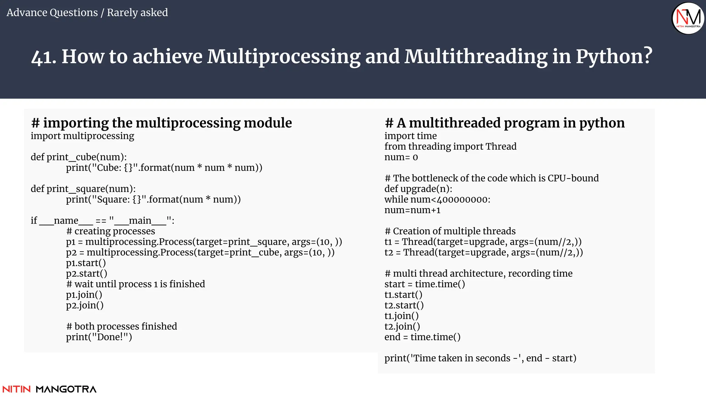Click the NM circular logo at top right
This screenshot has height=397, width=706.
click(x=688, y=18)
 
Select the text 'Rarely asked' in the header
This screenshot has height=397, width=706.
click(x=137, y=12)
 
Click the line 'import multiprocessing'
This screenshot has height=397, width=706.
click(x=82, y=136)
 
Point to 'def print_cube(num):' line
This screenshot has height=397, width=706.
click(x=79, y=157)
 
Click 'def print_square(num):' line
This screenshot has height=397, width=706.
click(x=83, y=189)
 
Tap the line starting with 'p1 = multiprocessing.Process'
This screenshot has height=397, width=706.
click(x=204, y=242)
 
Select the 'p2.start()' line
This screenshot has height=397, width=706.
click(x=87, y=274)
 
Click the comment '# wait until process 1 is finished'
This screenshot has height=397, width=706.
click(x=135, y=284)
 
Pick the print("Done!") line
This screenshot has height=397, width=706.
click(x=99, y=337)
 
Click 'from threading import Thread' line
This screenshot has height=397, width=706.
click(x=450, y=146)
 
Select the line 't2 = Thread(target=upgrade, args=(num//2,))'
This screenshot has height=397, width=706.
click(x=484, y=253)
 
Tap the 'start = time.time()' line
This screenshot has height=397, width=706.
click(x=425, y=284)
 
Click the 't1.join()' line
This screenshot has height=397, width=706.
click(x=402, y=316)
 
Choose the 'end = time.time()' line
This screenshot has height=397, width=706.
click(x=422, y=337)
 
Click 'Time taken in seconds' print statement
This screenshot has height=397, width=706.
click(x=480, y=358)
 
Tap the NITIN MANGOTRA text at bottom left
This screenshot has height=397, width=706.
click(x=49, y=389)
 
